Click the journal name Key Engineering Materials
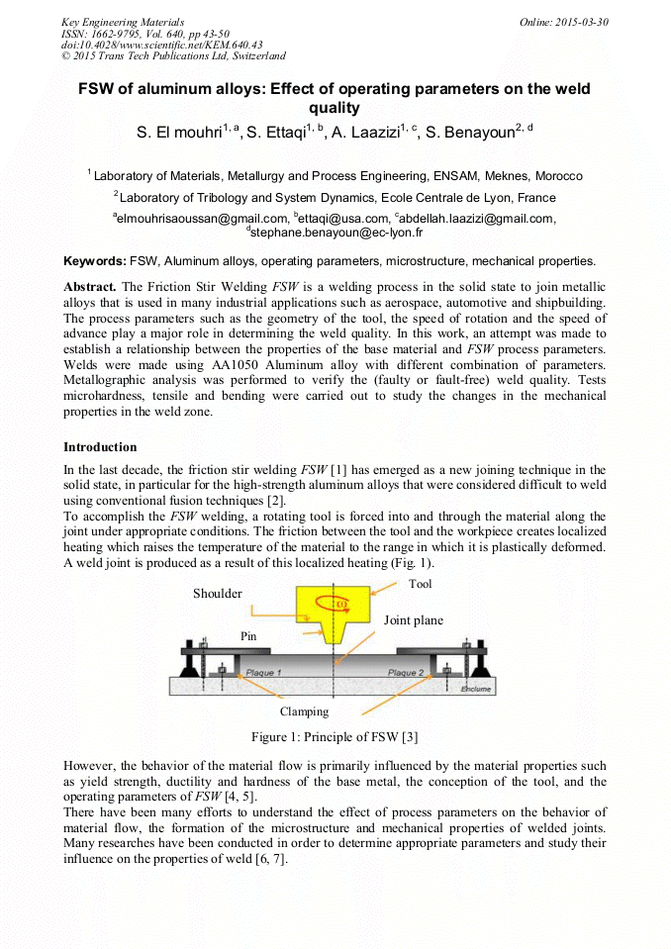coord(123,22)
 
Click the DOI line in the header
coord(161,45)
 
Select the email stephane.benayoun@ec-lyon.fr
coord(336,233)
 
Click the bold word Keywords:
coord(95,261)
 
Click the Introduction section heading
coord(100,447)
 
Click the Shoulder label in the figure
coord(217,594)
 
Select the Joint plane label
coord(414,620)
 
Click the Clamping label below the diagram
coord(304,711)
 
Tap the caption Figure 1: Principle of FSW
coord(335,736)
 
